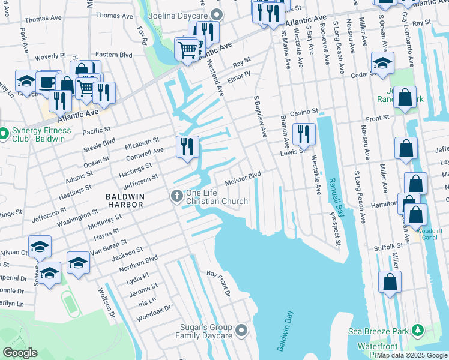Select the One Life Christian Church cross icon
pyautogui.click(x=177, y=196)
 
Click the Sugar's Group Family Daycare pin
pyautogui.click(x=241, y=330)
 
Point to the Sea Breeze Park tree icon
pyautogui.click(x=418, y=331)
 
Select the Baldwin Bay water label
pyautogui.click(x=283, y=331)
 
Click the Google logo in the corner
pyautogui.click(x=20, y=353)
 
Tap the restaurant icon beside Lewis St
pyautogui.click(x=303, y=134)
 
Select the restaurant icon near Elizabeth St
pyautogui.click(x=187, y=146)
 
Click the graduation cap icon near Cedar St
pyautogui.click(x=382, y=63)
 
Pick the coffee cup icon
pyautogui.click(x=47, y=82)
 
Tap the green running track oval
pyautogui.click(x=71, y=303)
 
